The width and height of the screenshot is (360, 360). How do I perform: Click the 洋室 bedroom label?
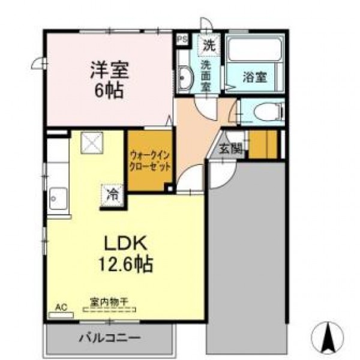[x=110, y=70]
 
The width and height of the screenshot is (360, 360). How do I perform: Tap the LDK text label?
[x=125, y=243]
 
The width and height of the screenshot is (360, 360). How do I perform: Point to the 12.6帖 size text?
[x=125, y=264]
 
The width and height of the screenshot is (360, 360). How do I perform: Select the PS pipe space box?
[x=183, y=39]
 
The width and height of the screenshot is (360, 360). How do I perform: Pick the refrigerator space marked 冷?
[x=113, y=196]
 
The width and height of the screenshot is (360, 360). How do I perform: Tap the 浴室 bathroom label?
[x=255, y=77]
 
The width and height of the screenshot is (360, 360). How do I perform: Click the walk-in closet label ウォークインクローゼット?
[x=150, y=161]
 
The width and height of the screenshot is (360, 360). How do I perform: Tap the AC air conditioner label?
[x=61, y=307]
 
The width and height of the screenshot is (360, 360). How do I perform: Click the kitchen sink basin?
[x=59, y=199]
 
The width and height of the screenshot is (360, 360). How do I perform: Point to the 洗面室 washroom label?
[x=206, y=76]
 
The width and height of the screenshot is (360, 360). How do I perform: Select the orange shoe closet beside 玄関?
[x=263, y=144]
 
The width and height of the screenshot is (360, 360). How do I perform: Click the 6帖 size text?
[x=109, y=90]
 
